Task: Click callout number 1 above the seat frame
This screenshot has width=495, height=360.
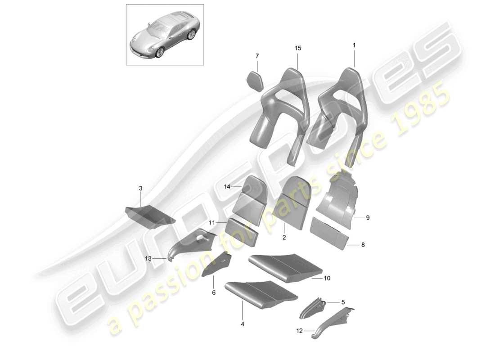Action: pos(354,45)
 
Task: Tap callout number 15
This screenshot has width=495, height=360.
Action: pos(297,48)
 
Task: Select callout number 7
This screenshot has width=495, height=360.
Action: pos(257,56)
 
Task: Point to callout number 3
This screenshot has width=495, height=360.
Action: pos(140,188)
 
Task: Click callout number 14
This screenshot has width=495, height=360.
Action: pos(228,186)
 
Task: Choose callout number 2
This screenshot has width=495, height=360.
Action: pos(284,237)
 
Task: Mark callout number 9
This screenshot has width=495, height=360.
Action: pos(368,218)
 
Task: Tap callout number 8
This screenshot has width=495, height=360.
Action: pos(363,245)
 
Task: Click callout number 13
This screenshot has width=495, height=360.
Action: pos(148,259)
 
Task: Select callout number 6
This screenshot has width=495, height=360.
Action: pos(214,293)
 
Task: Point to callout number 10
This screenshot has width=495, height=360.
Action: pos(327,279)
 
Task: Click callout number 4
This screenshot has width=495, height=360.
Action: pos(243,324)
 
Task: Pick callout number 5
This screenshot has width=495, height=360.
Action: pos(342,302)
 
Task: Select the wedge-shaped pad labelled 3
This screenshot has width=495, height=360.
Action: pos(148,215)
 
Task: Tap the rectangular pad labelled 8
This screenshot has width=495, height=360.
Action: pos(329,232)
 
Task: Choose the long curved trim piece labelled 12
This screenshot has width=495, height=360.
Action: pos(331,322)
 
